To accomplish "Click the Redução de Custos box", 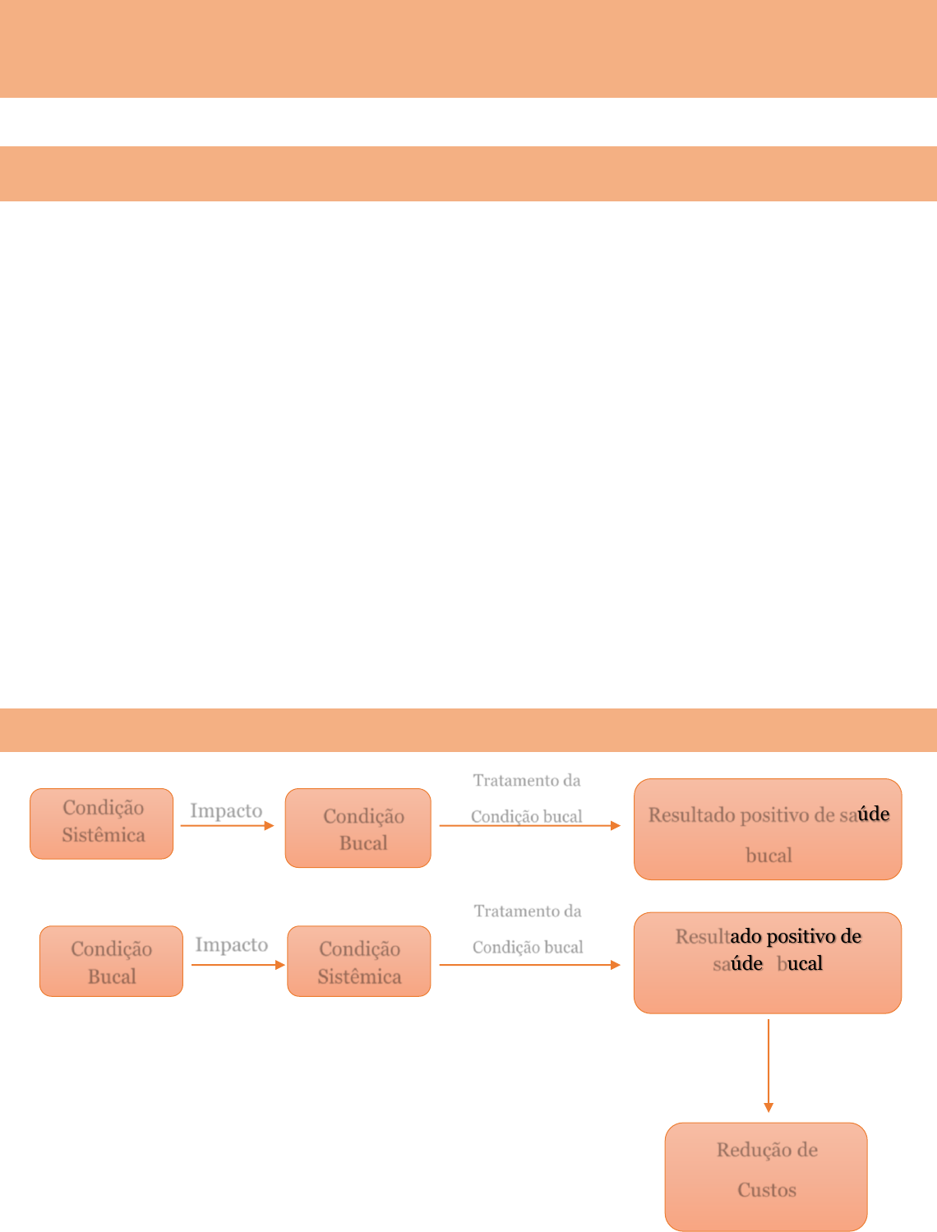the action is pyautogui.click(x=766, y=1176).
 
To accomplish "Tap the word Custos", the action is pyautogui.click(x=766, y=1190).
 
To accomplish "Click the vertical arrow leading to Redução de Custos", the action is pyautogui.click(x=769, y=1065).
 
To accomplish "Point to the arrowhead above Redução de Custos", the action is pyautogui.click(x=769, y=1107).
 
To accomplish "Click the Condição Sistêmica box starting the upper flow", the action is pyautogui.click(x=102, y=824).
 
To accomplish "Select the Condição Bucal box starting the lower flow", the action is pyautogui.click(x=111, y=961).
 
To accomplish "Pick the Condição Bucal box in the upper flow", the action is pyautogui.click(x=358, y=828).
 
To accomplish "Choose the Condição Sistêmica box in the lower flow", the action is pyautogui.click(x=359, y=961).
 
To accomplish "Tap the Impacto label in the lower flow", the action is pyautogui.click(x=231, y=945).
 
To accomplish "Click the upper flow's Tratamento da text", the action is pyautogui.click(x=526, y=780).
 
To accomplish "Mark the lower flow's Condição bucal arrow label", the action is pyautogui.click(x=528, y=947).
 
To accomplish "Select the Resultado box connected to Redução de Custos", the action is pyautogui.click(x=768, y=962).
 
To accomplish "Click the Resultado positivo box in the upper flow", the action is pyautogui.click(x=768, y=829).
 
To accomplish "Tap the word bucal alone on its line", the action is pyautogui.click(x=769, y=856).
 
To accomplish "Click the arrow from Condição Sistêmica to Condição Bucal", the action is pyautogui.click(x=227, y=826).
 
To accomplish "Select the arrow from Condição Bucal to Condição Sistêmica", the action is pyautogui.click(x=238, y=965).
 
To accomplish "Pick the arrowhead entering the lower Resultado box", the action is pyautogui.click(x=616, y=965).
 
